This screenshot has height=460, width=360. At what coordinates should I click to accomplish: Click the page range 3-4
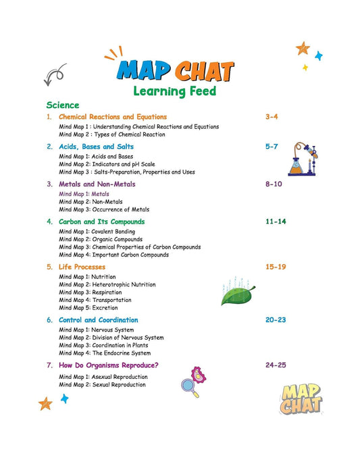click(x=272, y=117)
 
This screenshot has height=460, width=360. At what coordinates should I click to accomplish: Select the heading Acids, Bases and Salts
click(x=96, y=146)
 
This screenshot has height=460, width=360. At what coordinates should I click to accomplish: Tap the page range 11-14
click(x=276, y=222)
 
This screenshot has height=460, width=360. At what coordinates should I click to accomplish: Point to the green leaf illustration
click(x=238, y=295)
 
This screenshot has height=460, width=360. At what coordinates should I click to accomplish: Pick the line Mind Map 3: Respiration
click(x=88, y=292)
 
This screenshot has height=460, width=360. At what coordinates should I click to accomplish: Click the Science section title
click(x=63, y=105)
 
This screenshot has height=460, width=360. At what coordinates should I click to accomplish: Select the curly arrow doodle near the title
click(x=55, y=73)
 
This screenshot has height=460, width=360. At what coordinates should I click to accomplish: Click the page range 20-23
click(x=276, y=320)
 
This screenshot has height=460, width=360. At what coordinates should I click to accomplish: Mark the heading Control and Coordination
click(x=98, y=320)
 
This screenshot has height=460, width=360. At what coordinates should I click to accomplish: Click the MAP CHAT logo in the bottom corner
click(x=301, y=399)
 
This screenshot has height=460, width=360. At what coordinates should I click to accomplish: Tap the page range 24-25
click(x=276, y=365)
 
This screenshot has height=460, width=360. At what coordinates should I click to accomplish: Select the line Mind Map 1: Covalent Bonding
click(x=97, y=232)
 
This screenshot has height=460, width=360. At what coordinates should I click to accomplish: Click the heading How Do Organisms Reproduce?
click(x=109, y=365)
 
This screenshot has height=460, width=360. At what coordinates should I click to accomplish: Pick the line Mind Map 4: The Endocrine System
click(x=105, y=353)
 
